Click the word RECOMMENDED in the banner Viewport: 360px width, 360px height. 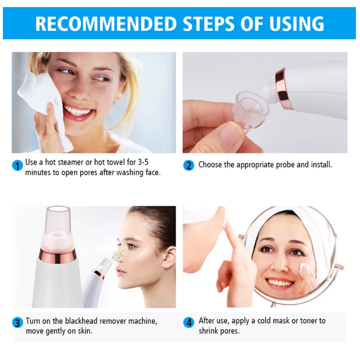coord(104,23)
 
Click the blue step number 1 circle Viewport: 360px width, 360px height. coord(18,166)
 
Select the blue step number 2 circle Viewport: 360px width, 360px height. coord(189,165)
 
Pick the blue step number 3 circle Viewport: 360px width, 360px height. coord(18,323)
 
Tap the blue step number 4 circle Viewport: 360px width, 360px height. coord(189,323)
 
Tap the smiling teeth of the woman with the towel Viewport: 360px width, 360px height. coord(77,110)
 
